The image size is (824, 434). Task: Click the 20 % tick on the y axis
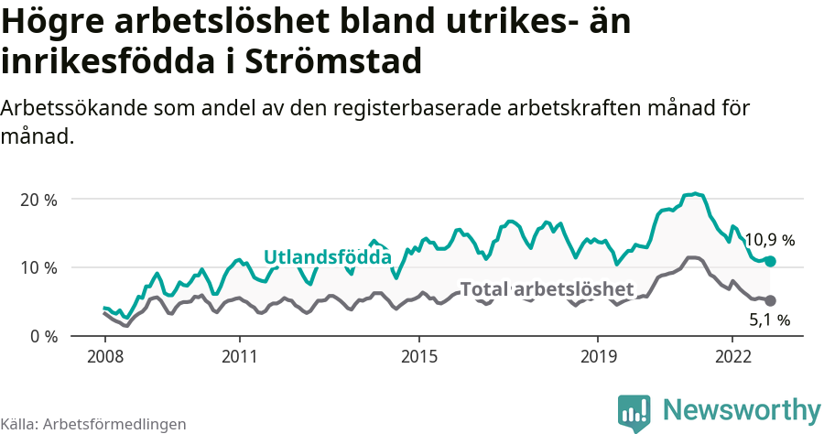(x=38, y=200)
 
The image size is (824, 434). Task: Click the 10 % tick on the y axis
(x=38, y=267)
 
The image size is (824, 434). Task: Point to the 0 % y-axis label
(x=42, y=336)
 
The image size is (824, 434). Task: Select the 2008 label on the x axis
(x=104, y=355)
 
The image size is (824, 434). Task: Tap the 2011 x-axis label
(x=239, y=355)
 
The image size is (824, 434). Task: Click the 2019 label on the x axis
(x=598, y=355)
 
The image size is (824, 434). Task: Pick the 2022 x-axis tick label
(x=732, y=355)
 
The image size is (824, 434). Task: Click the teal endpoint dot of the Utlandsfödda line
(x=770, y=261)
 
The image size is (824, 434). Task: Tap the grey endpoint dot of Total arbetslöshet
(x=770, y=300)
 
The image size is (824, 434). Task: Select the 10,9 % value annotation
(x=769, y=241)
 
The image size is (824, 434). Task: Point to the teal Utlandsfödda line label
(x=327, y=257)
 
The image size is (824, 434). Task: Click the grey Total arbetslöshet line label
(x=547, y=289)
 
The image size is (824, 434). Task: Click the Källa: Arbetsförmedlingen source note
(x=93, y=424)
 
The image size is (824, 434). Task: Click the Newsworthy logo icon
(x=634, y=412)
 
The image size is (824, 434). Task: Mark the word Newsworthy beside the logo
(x=742, y=409)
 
